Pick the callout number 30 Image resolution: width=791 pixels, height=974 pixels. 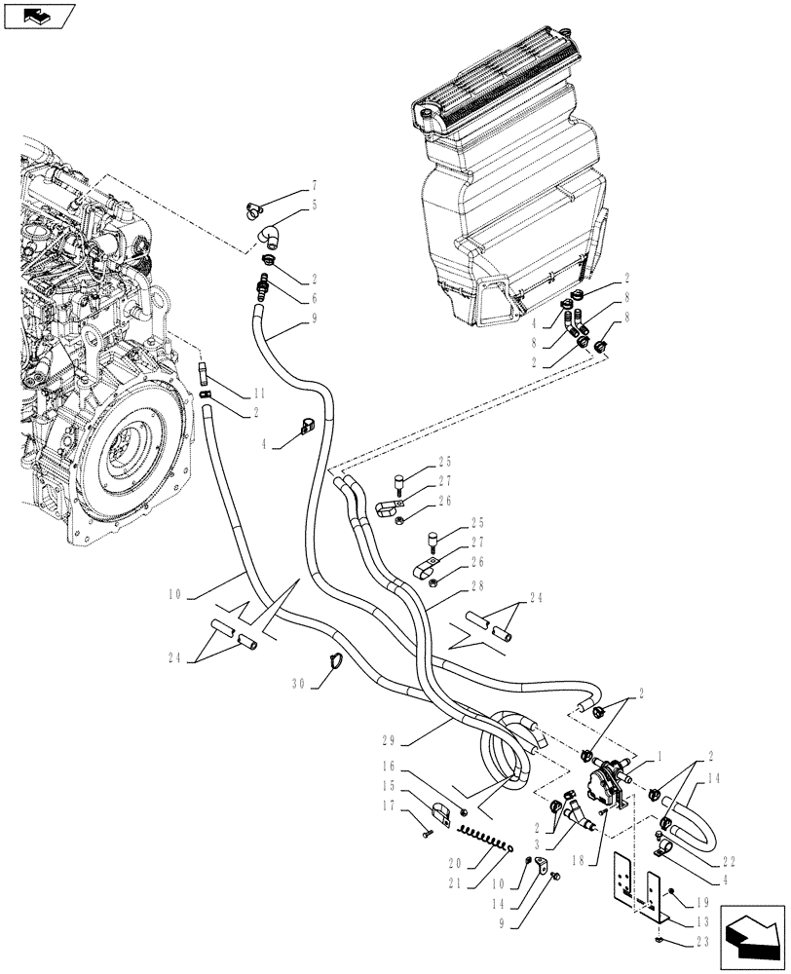pos(300,685)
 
